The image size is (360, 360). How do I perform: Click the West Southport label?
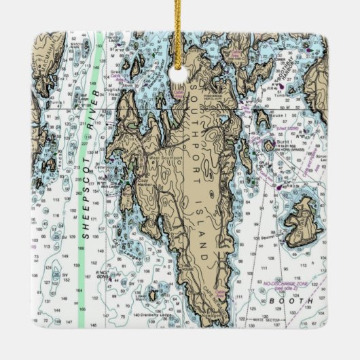pyautogui.click(x=166, y=160)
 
